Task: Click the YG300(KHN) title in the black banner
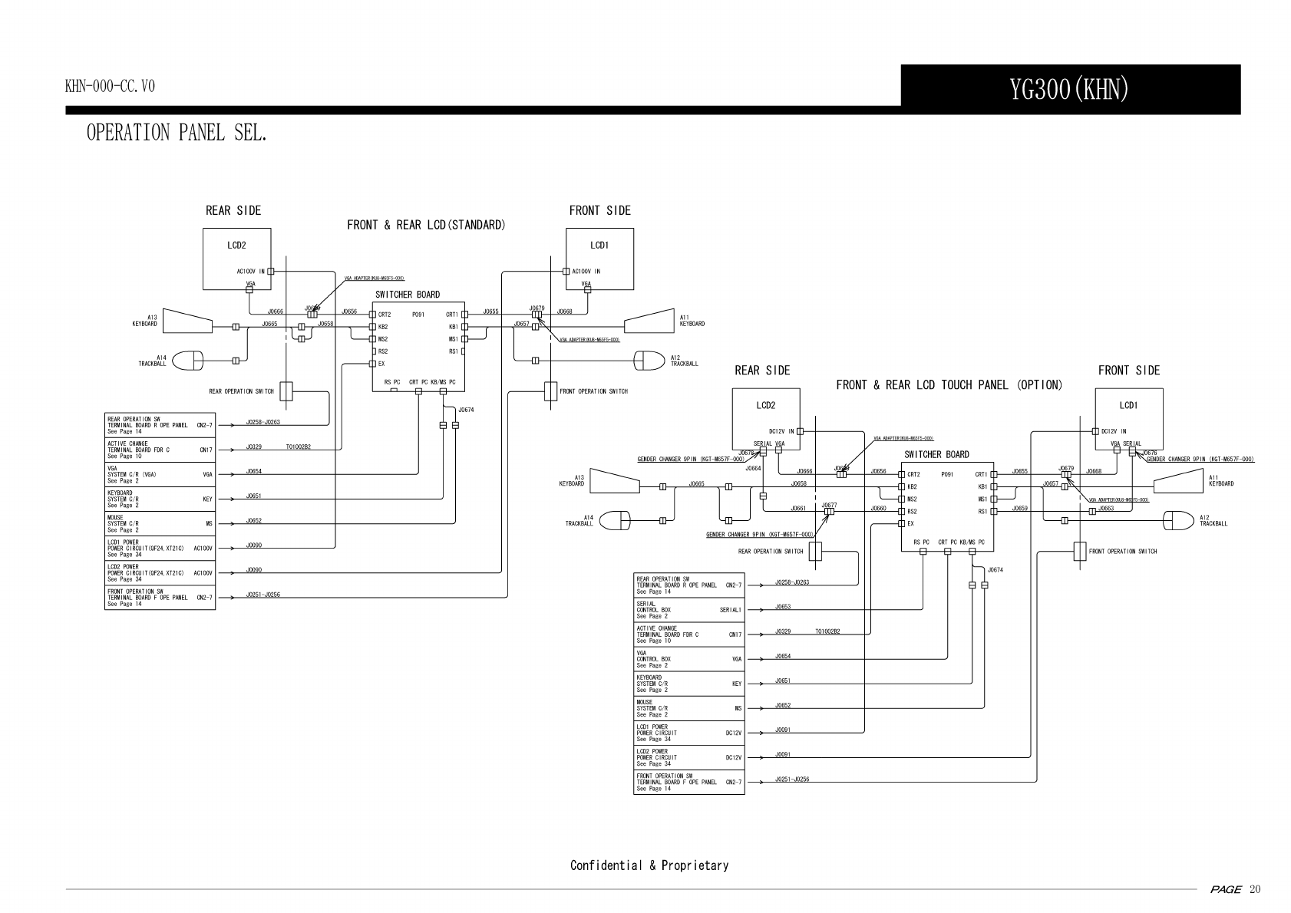pyautogui.click(x=1069, y=90)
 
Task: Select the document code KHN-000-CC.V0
pyautogui.click(x=110, y=86)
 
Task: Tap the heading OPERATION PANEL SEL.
pyautogui.click(x=177, y=133)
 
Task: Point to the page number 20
pyautogui.click(x=1254, y=889)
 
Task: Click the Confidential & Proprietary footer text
pyautogui.click(x=649, y=865)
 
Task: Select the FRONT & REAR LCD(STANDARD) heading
pyautogui.click(x=426, y=225)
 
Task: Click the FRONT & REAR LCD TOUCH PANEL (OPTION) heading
pyautogui.click(x=949, y=384)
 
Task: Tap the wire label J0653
pyautogui.click(x=783, y=607)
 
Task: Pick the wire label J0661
pyautogui.click(x=798, y=509)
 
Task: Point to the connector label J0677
pyautogui.click(x=829, y=506)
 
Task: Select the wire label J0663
pyautogui.click(x=1106, y=509)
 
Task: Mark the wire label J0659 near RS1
pyautogui.click(x=1019, y=509)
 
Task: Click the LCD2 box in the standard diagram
pyautogui.click(x=236, y=261)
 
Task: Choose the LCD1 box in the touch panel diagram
pyautogui.click(x=1128, y=419)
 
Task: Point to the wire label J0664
pyautogui.click(x=753, y=468)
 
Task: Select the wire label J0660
pyautogui.click(x=878, y=509)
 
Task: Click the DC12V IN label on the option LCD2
pyautogui.click(x=781, y=431)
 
